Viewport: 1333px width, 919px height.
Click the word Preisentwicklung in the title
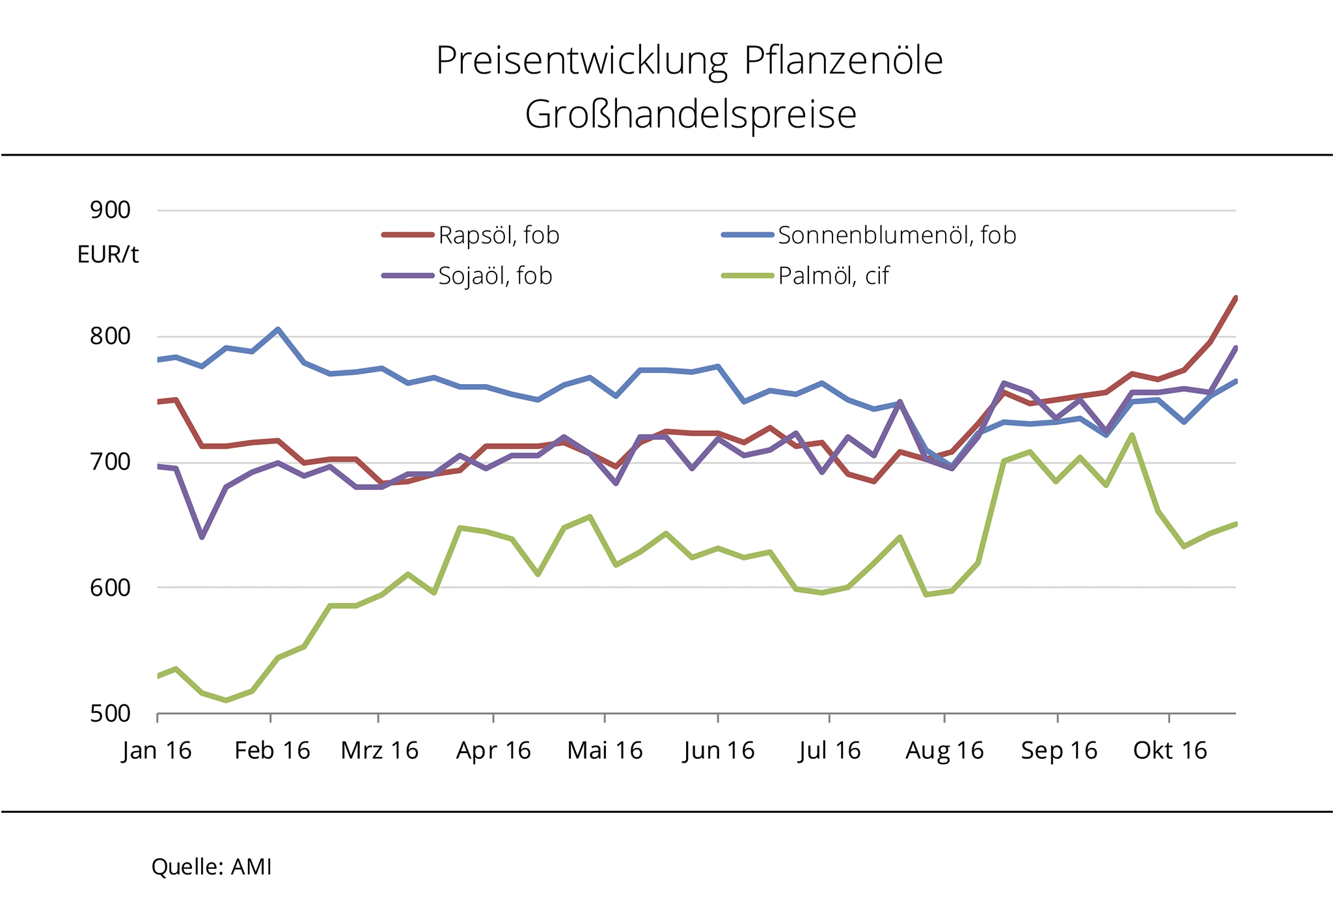tap(581, 62)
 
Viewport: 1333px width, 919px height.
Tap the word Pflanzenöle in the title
tap(843, 62)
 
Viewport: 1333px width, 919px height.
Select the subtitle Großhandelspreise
tap(690, 115)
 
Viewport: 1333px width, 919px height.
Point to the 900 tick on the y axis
tap(111, 210)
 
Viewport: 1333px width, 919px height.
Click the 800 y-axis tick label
tap(111, 336)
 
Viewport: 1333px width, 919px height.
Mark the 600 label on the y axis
tap(111, 588)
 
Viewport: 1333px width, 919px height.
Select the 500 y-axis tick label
tap(111, 714)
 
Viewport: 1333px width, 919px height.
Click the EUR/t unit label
tap(108, 254)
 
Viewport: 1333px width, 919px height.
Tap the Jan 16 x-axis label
tap(157, 751)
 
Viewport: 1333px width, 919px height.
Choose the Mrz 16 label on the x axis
tap(379, 751)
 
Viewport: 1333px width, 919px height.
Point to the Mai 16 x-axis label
tap(605, 751)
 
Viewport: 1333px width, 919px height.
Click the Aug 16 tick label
tap(944, 751)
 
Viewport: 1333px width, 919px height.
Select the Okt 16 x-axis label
tap(1170, 751)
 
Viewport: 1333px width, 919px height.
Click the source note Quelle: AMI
tap(212, 867)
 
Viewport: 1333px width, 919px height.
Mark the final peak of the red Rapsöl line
tap(1235, 298)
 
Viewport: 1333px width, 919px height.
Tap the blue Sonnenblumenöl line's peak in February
tap(278, 329)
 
